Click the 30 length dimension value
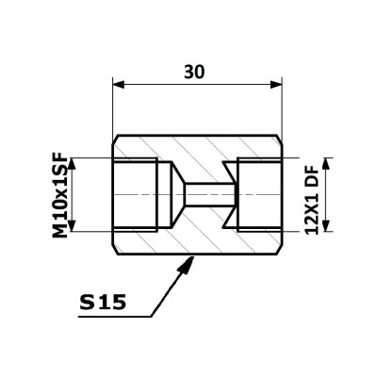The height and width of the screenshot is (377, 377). coord(194,72)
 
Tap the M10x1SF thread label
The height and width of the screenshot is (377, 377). coord(60,195)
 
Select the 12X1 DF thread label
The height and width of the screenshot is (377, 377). coord(312,201)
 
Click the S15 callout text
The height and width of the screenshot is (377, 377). coord(103,303)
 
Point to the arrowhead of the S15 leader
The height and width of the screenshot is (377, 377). coord(187,265)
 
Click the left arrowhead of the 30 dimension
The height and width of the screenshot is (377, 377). coord(119,84)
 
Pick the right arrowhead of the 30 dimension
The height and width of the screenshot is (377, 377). coord(276,84)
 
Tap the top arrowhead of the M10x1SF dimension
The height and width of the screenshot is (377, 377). coord(72,163)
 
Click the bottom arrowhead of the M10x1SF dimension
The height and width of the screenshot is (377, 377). coord(72,226)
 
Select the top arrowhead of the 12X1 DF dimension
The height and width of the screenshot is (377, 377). coord(326,163)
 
